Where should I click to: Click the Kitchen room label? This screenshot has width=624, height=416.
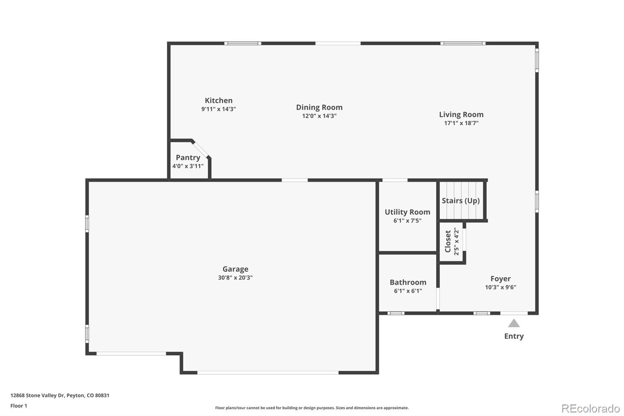(218, 101)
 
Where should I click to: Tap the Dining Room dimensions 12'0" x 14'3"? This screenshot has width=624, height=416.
(319, 116)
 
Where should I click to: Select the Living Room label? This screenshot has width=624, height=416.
(461, 115)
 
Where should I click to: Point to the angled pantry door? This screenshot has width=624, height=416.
(201, 149)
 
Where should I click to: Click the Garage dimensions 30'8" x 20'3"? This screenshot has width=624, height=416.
(235, 278)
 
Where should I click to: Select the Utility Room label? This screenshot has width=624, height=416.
(407, 212)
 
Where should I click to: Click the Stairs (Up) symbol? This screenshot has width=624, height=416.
(461, 201)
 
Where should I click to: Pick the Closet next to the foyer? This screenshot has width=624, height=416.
(452, 242)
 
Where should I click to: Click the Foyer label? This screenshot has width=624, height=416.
(500, 279)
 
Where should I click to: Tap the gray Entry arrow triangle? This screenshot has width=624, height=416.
(514, 324)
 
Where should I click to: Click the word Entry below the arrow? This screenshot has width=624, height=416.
(514, 336)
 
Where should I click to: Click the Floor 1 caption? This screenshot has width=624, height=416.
(19, 406)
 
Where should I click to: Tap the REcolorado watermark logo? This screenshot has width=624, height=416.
(590, 409)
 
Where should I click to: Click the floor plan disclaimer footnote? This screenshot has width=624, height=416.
(312, 408)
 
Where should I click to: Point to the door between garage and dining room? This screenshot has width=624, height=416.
(294, 180)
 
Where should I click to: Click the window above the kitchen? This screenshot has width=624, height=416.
(243, 43)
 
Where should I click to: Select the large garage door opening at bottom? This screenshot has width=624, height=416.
(268, 373)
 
